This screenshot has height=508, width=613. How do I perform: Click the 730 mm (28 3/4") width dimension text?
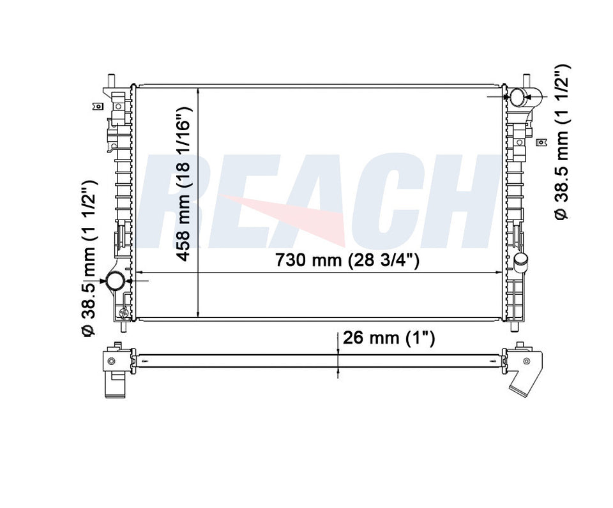point(347,260)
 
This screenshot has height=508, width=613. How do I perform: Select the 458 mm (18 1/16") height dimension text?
point(183,184)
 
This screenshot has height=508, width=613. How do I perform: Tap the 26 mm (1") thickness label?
point(389,338)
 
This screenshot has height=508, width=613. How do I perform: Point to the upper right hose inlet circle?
point(518,97)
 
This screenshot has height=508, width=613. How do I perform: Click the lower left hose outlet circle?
point(116,281)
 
